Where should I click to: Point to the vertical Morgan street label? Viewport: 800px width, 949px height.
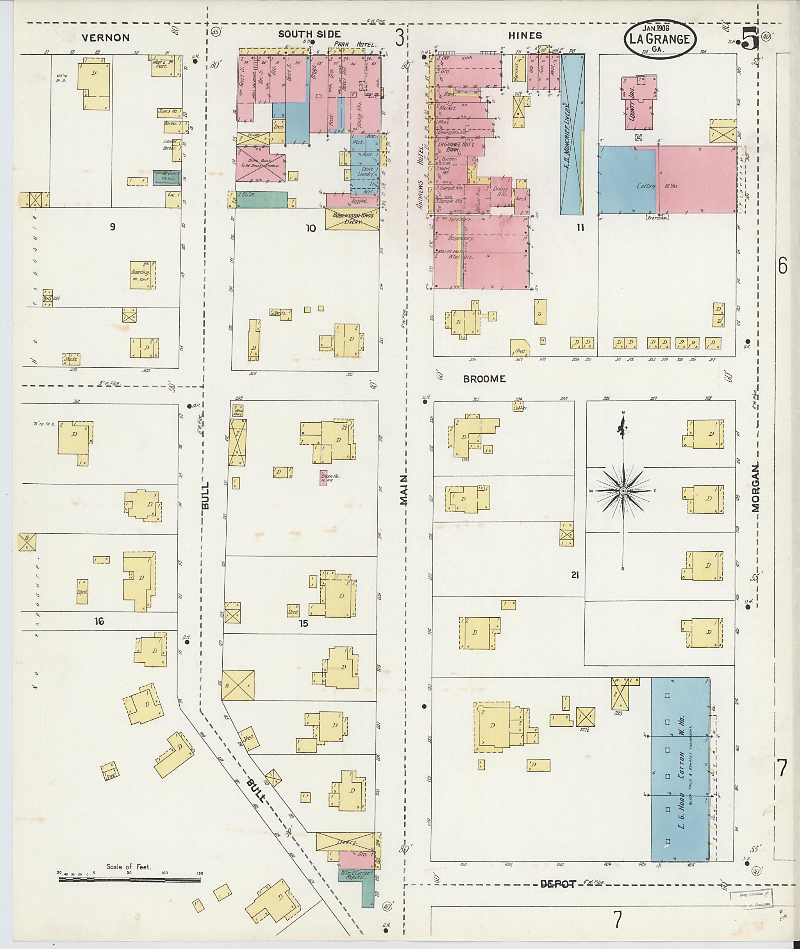point(755,488)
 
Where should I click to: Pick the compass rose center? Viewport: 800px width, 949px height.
point(623,491)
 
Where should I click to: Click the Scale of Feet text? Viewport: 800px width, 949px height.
point(129,867)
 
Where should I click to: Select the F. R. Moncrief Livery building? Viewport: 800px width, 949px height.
point(572,134)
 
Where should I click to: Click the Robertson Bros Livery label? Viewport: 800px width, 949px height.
point(353,219)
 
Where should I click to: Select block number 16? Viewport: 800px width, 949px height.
point(99,621)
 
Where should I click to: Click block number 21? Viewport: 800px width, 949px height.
point(575,575)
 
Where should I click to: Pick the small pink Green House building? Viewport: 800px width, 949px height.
point(323,477)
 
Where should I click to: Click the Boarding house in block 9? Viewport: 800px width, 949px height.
point(143,274)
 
